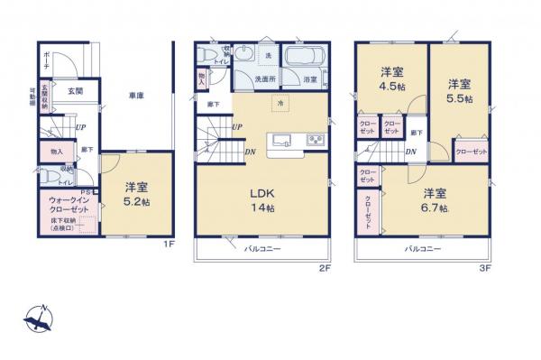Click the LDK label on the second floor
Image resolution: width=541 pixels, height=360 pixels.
262,191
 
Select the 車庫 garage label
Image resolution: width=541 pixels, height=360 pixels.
136,95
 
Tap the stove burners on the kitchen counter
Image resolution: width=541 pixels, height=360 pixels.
315,139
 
